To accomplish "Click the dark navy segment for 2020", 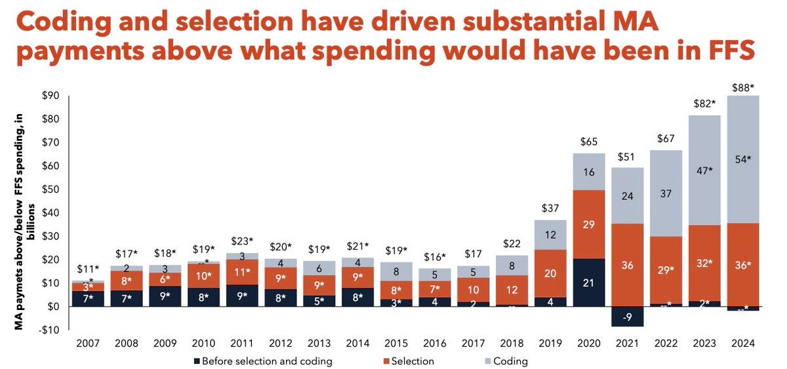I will (x=589, y=282).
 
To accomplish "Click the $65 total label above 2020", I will (x=589, y=142).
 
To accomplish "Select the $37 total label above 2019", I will (x=550, y=208).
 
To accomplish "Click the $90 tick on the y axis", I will (x=50, y=96).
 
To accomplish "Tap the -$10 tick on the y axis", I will (x=49, y=330).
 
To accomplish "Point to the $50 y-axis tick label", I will (x=50, y=189).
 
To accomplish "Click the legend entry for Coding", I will (x=504, y=360).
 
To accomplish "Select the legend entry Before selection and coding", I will (x=262, y=360).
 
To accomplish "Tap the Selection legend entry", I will (x=407, y=360).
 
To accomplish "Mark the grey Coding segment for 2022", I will (x=665, y=193).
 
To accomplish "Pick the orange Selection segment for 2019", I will (x=550, y=273).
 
